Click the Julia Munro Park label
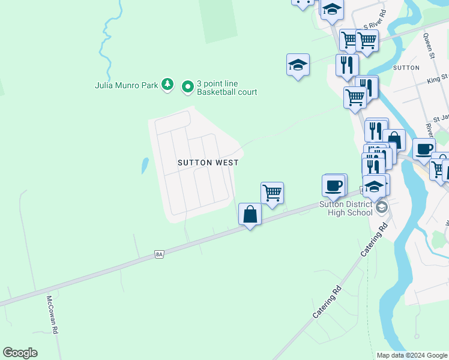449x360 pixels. coord(126,85)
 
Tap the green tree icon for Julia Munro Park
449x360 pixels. coord(169,85)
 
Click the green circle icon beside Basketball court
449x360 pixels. coord(188,88)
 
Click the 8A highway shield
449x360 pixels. coord(159,254)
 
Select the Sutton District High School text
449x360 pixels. coord(346,208)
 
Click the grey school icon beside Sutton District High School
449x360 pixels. coord(381,208)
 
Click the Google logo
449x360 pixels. coord(20,353)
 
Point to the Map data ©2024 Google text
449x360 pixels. coord(411,355)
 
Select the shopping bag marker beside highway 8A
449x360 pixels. coord(250,214)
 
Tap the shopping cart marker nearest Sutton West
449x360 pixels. coord(272,193)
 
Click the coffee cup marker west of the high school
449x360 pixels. coord(334,185)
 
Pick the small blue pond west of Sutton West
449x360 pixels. coord(145,165)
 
